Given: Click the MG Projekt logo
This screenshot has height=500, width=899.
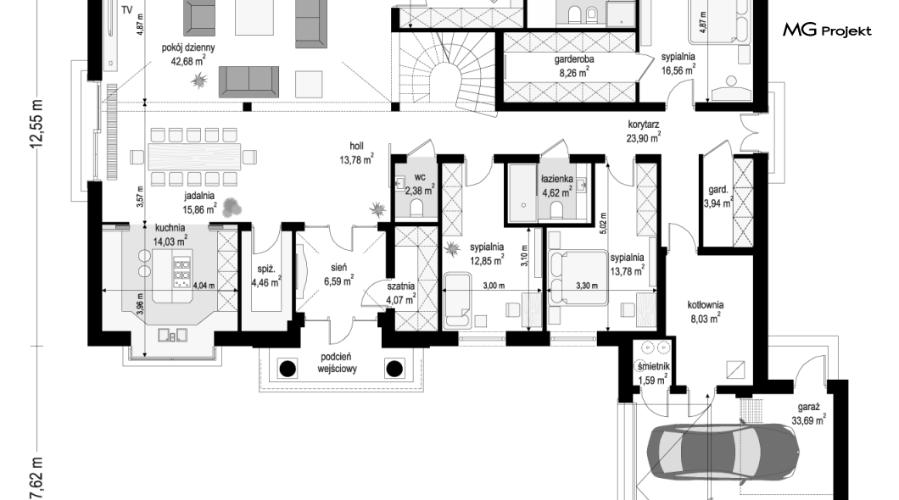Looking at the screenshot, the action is pyautogui.click(x=827, y=31).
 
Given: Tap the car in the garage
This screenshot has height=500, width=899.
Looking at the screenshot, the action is pyautogui.click(x=723, y=453).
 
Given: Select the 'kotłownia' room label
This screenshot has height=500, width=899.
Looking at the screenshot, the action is pyautogui.click(x=706, y=305).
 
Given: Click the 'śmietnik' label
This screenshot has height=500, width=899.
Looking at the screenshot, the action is pyautogui.click(x=653, y=367).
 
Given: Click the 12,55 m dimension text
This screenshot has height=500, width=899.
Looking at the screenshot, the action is pyautogui.click(x=37, y=124).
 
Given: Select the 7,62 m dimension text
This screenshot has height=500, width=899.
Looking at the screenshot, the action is pyautogui.click(x=37, y=479).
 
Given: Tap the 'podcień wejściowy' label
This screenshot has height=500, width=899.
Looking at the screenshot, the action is pyautogui.click(x=338, y=363).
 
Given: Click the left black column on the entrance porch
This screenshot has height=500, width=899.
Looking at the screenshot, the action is pyautogui.click(x=288, y=369).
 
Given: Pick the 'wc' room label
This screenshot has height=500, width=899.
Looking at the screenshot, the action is pyautogui.click(x=420, y=178).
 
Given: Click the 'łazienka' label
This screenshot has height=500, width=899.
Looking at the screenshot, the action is pyautogui.click(x=556, y=180).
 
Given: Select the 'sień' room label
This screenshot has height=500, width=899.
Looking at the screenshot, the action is pyautogui.click(x=338, y=268).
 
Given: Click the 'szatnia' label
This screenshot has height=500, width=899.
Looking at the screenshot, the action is pyautogui.click(x=401, y=286).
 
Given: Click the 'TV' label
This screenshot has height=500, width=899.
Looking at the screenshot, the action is pyautogui.click(x=126, y=10).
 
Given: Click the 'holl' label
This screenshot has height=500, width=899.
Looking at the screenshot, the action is pyautogui.click(x=356, y=147).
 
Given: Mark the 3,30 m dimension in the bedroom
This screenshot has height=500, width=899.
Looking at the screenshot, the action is pyautogui.click(x=587, y=286).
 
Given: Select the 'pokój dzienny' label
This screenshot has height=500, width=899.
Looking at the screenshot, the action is pyautogui.click(x=188, y=48).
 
